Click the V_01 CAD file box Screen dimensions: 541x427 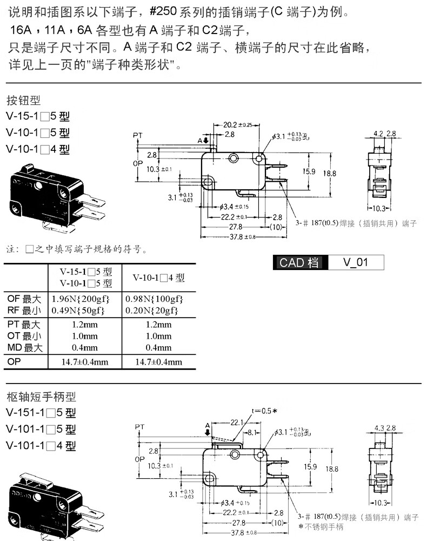(x=356, y=263)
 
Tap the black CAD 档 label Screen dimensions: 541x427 (x=299, y=263)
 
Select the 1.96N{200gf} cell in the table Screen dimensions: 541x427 (x=81, y=299)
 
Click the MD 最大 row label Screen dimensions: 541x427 (x=24, y=347)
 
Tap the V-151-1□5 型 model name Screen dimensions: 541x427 (x=41, y=413)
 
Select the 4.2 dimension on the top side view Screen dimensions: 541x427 (x=378, y=133)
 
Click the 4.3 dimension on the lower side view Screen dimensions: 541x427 (x=378, y=428)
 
